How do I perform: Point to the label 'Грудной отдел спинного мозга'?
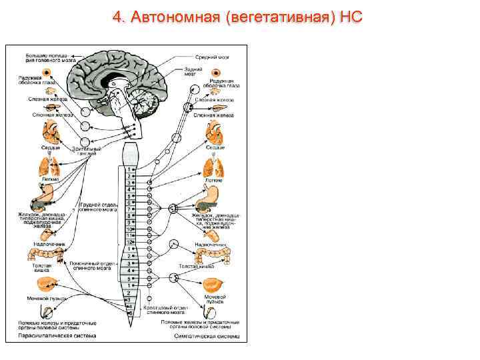98,206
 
